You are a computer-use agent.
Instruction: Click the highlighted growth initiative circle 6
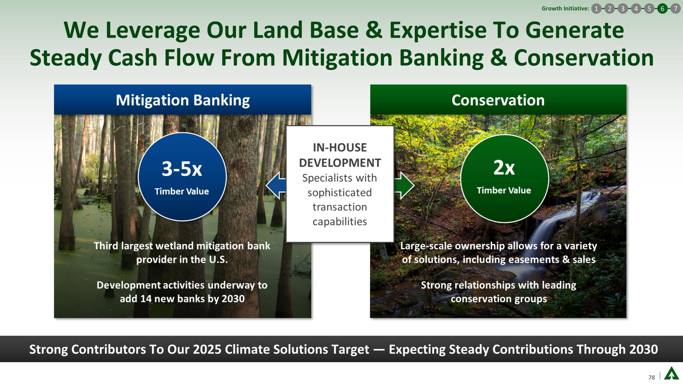pos(662,9)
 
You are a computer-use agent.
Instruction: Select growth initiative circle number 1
pos(596,9)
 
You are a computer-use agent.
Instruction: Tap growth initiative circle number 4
pos(636,9)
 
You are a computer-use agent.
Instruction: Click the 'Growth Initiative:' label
pos(565,8)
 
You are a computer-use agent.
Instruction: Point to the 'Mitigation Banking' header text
pos(183,100)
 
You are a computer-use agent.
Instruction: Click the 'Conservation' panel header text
pos(498,100)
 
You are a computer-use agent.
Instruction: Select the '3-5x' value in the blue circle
pos(182,169)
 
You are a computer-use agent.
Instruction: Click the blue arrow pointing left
pos(276,186)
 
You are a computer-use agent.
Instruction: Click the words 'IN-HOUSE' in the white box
pos(340,147)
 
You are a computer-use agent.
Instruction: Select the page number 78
pos(651,377)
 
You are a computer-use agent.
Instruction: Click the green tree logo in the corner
pos(672,373)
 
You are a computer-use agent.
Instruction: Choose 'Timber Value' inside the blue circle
pos(182,191)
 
